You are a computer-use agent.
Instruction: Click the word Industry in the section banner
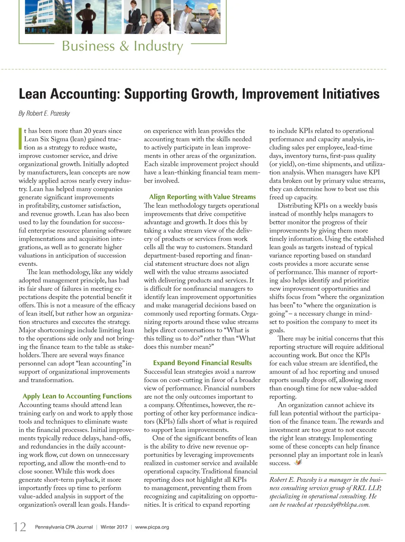pyautogui.click(x=158, y=46)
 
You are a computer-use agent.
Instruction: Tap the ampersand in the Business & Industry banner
pyautogui.click(x=124, y=46)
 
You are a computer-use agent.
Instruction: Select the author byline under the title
pyautogui.click(x=44, y=114)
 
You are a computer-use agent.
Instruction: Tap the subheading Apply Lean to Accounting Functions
pyautogui.click(x=77, y=396)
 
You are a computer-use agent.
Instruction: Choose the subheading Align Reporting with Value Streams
pyautogui.click(x=202, y=197)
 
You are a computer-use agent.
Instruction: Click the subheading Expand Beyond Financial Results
pyautogui.click(x=202, y=363)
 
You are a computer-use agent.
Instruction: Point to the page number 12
pyautogui.click(x=19, y=527)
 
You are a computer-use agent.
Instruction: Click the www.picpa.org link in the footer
pyautogui.click(x=152, y=527)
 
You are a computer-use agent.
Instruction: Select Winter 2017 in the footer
pyautogui.click(x=114, y=527)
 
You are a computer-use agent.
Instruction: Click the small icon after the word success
pyautogui.click(x=297, y=462)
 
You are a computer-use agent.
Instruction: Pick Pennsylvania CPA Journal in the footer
pyautogui.click(x=64, y=527)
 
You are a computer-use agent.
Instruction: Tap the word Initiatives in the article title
pyautogui.click(x=350, y=94)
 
